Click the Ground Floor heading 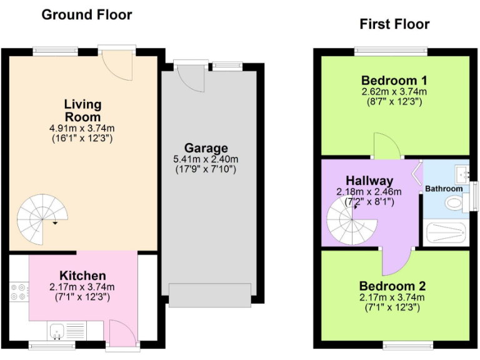pos(86,14)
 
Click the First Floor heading pos(394,24)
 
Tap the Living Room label pos(82,110)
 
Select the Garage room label pos(206,148)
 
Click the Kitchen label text pos(82,276)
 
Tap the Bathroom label pos(444,189)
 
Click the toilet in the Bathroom pos(452,203)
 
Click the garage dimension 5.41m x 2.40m pos(206,159)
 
